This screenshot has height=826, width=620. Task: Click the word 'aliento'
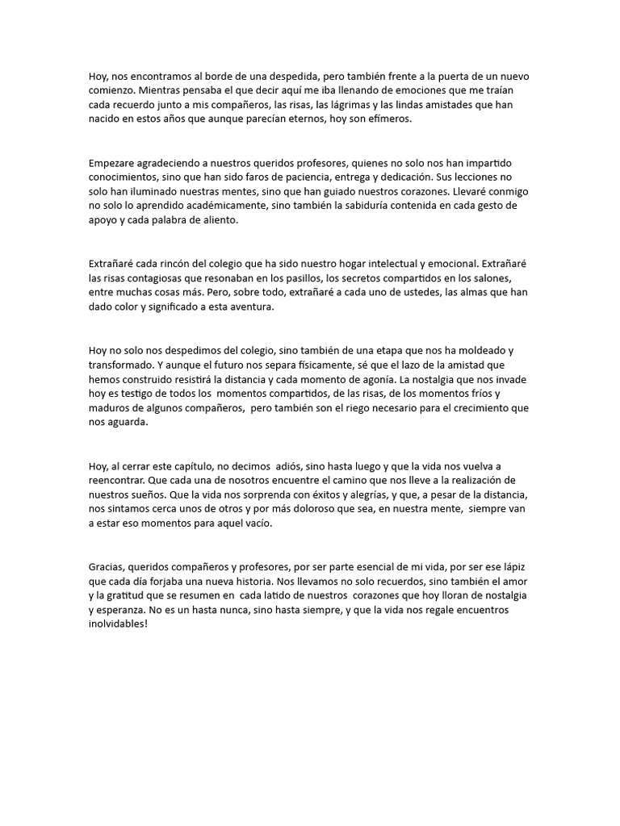click(x=219, y=221)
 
